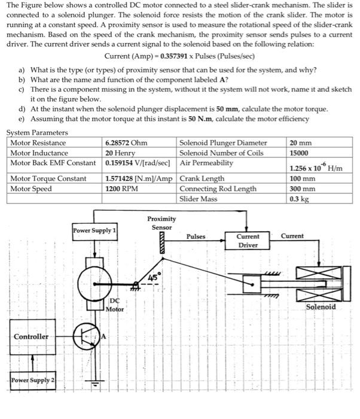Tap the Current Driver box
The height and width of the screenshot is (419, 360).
[x=248, y=241]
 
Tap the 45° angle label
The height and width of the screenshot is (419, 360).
[x=154, y=277]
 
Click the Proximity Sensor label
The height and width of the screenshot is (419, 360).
[x=161, y=223]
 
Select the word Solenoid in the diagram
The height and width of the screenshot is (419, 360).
[x=321, y=306]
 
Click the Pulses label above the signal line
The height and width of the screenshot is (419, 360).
[x=196, y=236]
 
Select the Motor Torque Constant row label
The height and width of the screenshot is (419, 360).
[x=48, y=178]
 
